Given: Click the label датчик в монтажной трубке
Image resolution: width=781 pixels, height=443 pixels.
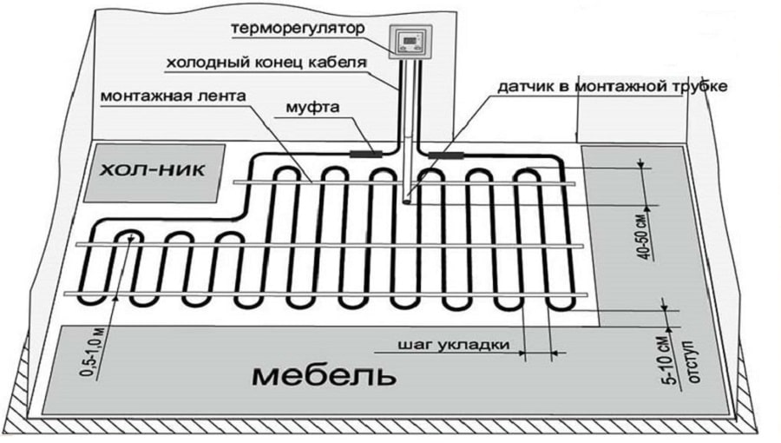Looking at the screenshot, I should (607, 87).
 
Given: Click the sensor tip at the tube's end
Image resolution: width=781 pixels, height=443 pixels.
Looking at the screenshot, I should (407, 199).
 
